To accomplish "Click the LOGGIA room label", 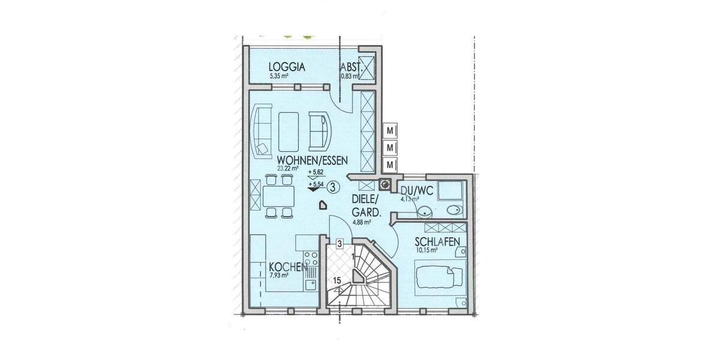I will click(287, 67).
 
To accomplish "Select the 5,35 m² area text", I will click(279, 77).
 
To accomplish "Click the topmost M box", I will click(391, 130).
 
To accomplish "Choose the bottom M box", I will click(391, 164).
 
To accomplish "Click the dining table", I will click(279, 196).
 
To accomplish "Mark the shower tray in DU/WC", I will click(449, 191).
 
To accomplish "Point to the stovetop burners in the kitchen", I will click(311, 260).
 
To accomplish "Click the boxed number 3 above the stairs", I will click(340, 244).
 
